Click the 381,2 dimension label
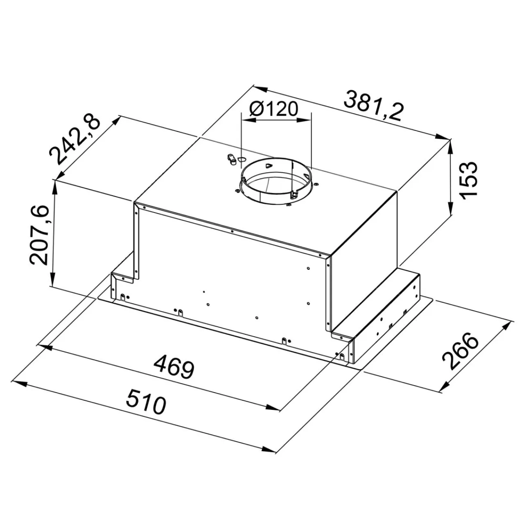[x=372, y=106]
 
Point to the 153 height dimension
[x=468, y=181]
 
